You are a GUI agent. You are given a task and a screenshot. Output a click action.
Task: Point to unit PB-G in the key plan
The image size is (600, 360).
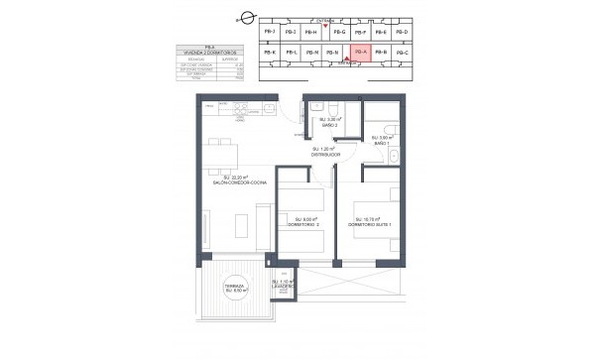pyautogui.click(x=339, y=33)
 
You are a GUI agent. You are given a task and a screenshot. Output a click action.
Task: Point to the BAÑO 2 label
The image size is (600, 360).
pyautogui.click(x=331, y=126)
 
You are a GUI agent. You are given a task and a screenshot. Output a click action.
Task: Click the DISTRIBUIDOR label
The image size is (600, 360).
pyautogui.click(x=325, y=154)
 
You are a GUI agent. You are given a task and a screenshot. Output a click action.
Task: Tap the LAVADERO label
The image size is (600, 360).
pyautogui.click(x=284, y=286)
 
